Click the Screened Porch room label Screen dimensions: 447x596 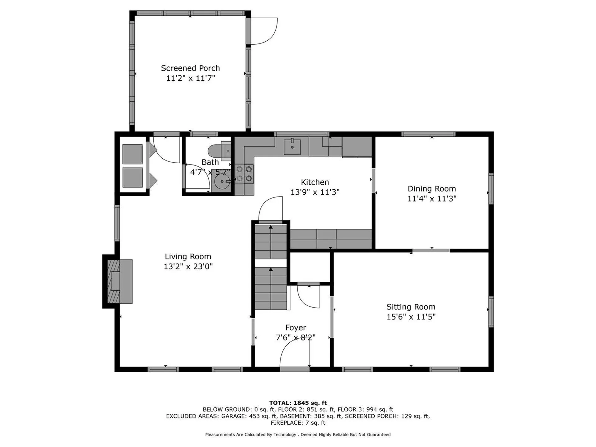(x=190, y=68)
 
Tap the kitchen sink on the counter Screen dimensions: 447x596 (x=292, y=147)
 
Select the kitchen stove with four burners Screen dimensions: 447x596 (x=244, y=174)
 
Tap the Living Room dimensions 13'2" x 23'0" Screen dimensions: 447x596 (x=188, y=266)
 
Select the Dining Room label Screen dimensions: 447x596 (x=431, y=189)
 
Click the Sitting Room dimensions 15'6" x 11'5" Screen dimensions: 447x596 (x=411, y=317)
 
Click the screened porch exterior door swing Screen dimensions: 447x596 (x=264, y=31)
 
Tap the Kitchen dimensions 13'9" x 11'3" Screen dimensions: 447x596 (x=315, y=192)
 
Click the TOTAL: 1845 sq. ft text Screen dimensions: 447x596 (x=298, y=403)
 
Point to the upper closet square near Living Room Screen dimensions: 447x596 (x=133, y=154)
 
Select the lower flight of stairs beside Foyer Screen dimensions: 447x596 (x=271, y=289)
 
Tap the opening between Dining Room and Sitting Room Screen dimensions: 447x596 (x=431, y=251)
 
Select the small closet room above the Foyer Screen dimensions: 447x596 (x=310, y=267)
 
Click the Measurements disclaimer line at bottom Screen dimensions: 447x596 (x=298, y=435)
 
